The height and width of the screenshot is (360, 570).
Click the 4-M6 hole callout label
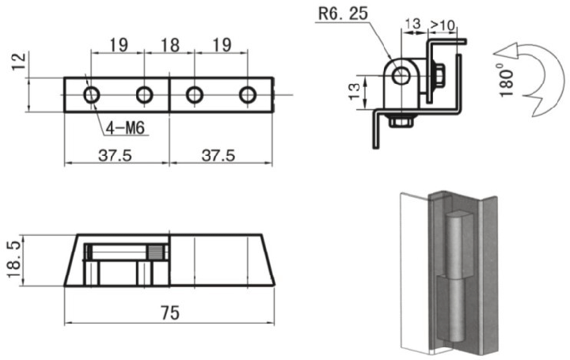125,128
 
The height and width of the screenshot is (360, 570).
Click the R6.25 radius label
343,13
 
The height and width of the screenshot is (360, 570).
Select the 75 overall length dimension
170,313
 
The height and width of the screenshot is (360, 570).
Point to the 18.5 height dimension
13,260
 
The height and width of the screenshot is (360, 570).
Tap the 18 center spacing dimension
169,45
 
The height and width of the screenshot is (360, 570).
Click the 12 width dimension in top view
18,62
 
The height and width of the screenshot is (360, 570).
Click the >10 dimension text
443,25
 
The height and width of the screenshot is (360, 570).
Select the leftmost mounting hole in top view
92,95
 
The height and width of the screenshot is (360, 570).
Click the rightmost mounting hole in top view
248,95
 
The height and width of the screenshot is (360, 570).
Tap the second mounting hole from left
144,95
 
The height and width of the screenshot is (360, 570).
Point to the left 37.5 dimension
115,156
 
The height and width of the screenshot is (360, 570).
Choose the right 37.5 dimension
218,156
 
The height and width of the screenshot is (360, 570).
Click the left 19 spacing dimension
119,45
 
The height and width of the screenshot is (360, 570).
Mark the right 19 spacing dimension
222,45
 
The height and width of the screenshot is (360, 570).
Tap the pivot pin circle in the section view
401,75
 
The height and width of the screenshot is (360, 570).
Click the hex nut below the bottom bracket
401,122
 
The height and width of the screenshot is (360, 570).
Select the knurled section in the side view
155,252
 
